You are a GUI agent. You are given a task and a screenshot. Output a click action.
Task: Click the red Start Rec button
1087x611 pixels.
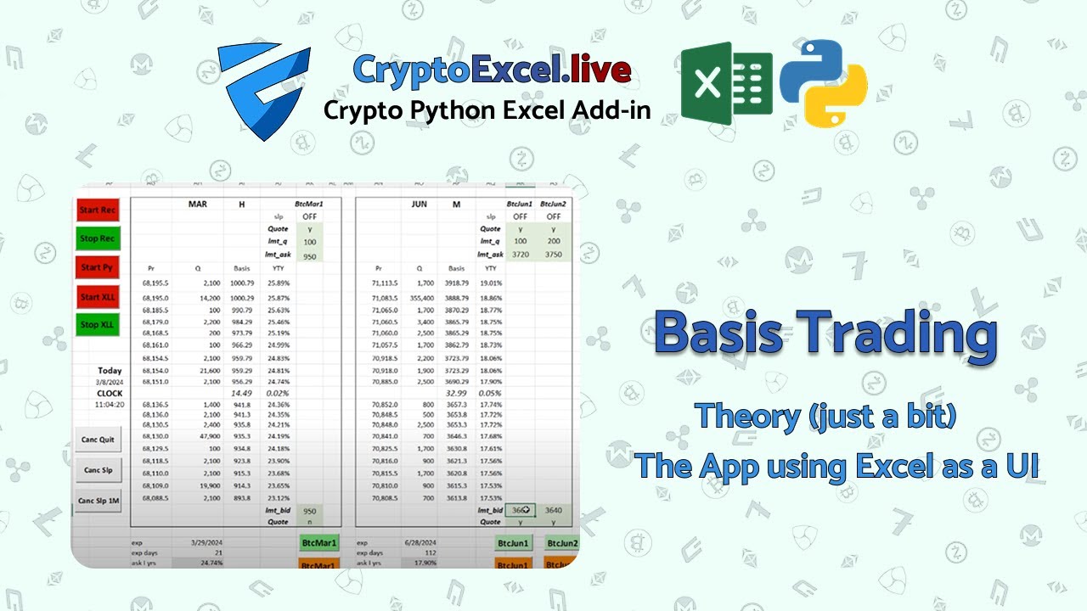pyautogui.click(x=98, y=210)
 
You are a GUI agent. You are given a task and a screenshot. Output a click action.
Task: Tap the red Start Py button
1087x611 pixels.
pyautogui.click(x=98, y=267)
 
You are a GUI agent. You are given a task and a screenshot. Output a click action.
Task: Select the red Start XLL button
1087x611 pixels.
pyautogui.click(x=98, y=297)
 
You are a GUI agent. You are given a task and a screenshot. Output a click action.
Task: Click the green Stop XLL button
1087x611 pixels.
pyautogui.click(x=98, y=325)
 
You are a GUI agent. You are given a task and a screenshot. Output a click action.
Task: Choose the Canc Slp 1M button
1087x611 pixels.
pyautogui.click(x=99, y=501)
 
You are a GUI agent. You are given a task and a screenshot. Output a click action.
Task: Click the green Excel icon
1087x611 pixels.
pyautogui.click(x=726, y=83)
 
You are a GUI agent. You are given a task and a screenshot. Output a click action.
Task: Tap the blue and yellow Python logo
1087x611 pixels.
pyautogui.click(x=823, y=83)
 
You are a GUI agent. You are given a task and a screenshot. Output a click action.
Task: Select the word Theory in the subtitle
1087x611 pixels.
pyautogui.click(x=747, y=417)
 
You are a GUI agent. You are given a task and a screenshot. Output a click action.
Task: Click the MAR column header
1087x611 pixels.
pyautogui.click(x=197, y=205)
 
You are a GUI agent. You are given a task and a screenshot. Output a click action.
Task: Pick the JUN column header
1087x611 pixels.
pyautogui.click(x=419, y=205)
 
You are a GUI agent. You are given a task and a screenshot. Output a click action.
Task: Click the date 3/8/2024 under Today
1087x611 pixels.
pyautogui.click(x=109, y=382)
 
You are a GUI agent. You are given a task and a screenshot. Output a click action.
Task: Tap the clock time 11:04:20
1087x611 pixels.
pyautogui.click(x=109, y=405)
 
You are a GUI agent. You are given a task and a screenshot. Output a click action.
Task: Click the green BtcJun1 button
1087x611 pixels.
pyautogui.click(x=515, y=543)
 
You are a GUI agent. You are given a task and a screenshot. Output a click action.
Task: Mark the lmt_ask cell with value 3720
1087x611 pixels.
pyautogui.click(x=520, y=255)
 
